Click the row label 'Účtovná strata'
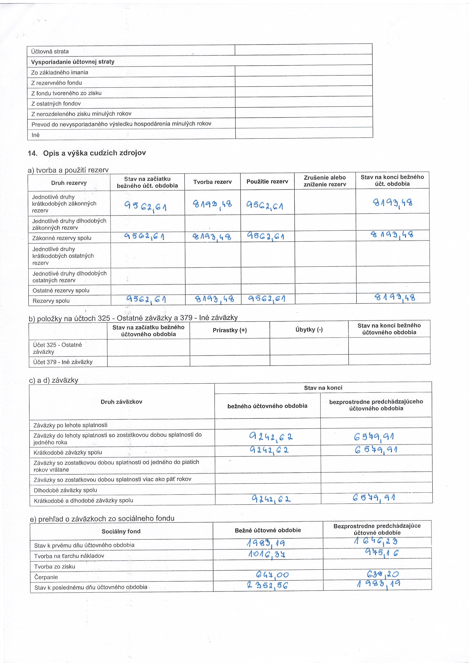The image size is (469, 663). pos(50,51)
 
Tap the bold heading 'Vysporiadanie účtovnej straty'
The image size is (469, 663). pos(72,62)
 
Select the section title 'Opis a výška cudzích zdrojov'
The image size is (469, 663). pos(94,153)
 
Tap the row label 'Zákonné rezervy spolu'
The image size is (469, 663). pos(62,238)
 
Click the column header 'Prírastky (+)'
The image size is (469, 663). pos(230,330)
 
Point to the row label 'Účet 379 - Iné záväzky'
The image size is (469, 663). pos(63,362)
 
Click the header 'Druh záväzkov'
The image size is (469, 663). pos(121,402)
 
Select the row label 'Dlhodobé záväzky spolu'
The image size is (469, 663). pos(65,490)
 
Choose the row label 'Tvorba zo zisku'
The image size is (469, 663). pos(55,567)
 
